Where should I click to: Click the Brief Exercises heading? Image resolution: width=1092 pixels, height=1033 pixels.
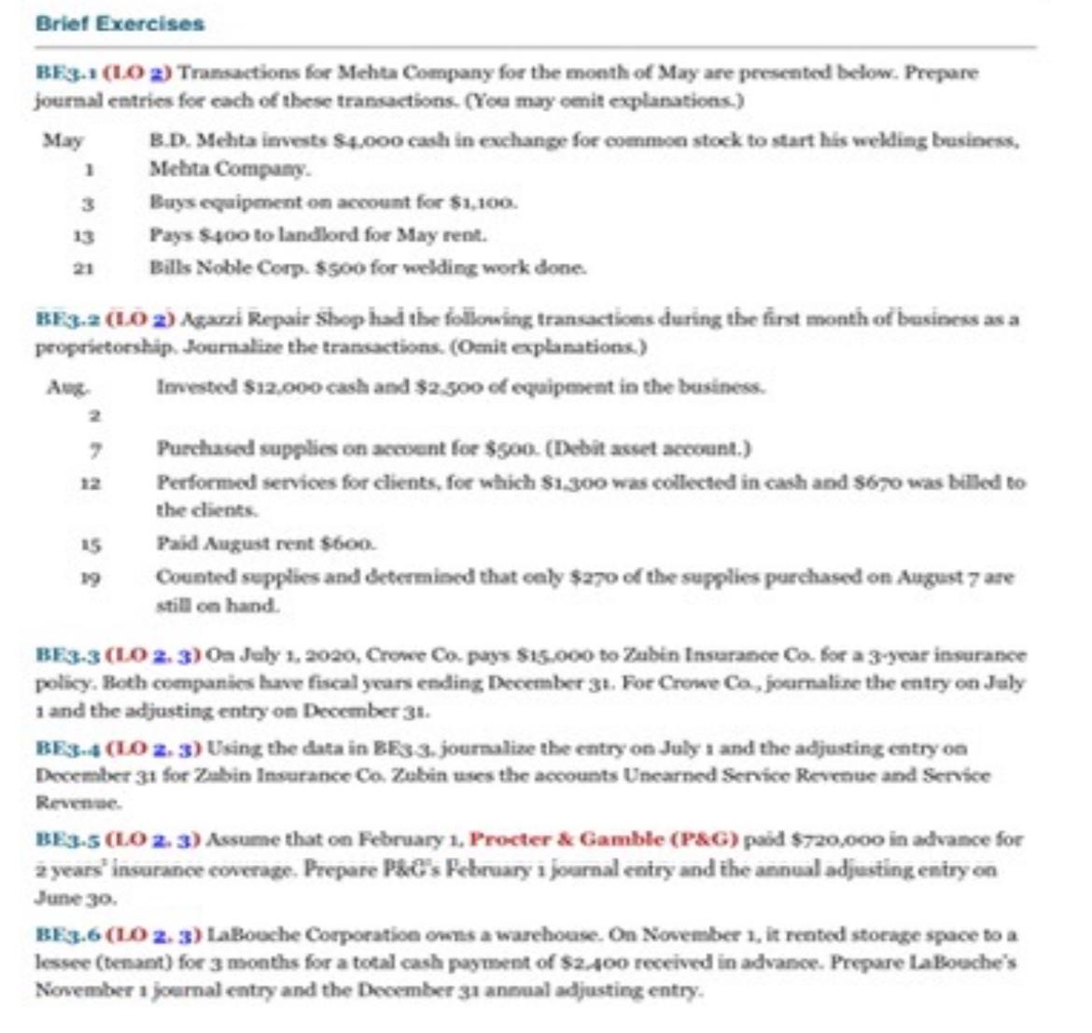coord(119,24)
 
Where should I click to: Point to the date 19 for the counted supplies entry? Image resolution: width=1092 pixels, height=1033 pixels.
coord(91,579)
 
